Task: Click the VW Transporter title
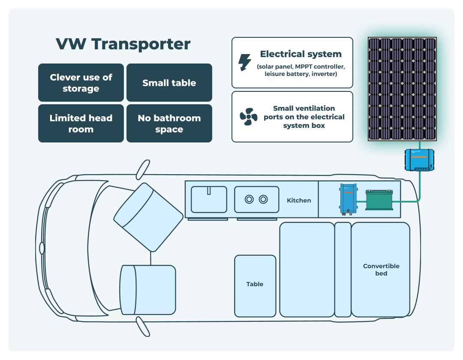click(x=123, y=44)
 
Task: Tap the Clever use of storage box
click(x=81, y=83)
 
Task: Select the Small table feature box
click(x=169, y=83)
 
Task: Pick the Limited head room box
click(x=81, y=124)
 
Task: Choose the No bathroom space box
click(x=169, y=124)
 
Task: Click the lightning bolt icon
click(x=245, y=63)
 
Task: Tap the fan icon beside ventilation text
click(x=248, y=117)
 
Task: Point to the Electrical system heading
click(x=301, y=54)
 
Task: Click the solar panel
click(x=402, y=89)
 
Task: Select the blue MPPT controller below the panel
click(x=419, y=160)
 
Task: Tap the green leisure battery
click(x=379, y=200)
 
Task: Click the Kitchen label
click(x=299, y=200)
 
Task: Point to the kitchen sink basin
click(x=209, y=200)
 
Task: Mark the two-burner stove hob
click(x=256, y=200)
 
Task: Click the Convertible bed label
click(x=381, y=269)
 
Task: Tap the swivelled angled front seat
click(x=148, y=217)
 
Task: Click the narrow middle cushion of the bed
click(x=343, y=269)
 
